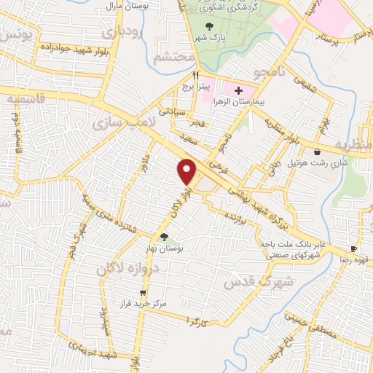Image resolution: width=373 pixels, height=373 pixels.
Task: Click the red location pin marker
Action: point(188,170)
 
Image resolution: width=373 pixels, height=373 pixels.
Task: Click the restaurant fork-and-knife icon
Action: point(195,75)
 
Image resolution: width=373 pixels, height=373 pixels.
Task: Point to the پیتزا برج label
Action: point(195,87)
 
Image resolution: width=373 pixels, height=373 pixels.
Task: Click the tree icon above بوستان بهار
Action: point(163,236)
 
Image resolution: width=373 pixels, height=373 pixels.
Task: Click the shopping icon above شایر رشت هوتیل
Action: point(318,152)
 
